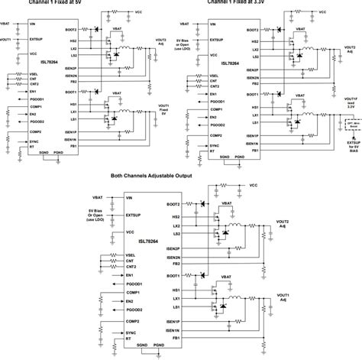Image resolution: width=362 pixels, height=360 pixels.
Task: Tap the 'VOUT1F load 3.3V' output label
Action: coord(351,103)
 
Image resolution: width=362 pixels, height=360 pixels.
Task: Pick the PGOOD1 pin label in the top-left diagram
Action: coord(37,99)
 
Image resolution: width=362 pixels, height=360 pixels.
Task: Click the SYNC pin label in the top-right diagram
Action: coord(215,144)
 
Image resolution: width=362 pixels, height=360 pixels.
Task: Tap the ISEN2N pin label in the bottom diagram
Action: coord(172,258)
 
